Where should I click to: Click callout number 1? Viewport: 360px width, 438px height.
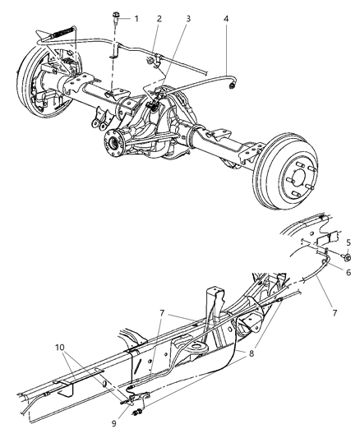point(136,18)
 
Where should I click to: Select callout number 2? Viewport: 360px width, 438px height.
point(159,18)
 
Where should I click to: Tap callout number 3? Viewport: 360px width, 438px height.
point(189,18)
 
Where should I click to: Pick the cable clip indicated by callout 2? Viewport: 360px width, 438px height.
point(150,58)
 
